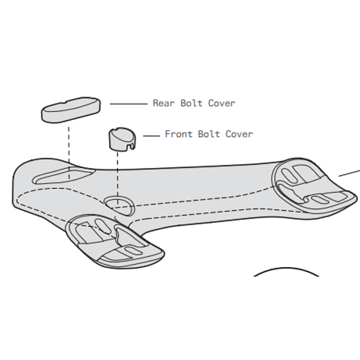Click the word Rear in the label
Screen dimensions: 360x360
click(164, 103)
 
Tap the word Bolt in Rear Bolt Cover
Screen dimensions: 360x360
click(191, 103)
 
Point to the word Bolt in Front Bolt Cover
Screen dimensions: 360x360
click(209, 134)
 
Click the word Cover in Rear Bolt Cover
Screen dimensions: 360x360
click(222, 103)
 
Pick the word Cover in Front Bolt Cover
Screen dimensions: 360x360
click(239, 134)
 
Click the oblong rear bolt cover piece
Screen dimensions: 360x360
click(71, 110)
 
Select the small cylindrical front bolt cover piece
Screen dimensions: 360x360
click(122, 139)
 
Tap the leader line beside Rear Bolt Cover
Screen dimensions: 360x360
click(129, 104)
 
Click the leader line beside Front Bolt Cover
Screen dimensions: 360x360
click(152, 136)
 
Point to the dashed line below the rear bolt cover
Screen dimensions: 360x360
click(69, 153)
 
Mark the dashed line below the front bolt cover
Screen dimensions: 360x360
click(117, 178)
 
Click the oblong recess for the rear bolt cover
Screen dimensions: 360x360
click(64, 176)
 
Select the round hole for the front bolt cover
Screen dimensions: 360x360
click(119, 206)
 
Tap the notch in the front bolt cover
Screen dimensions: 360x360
click(131, 147)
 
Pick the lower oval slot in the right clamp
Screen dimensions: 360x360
click(320, 200)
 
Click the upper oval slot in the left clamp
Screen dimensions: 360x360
click(102, 226)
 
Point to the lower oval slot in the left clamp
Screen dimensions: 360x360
click(134, 251)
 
